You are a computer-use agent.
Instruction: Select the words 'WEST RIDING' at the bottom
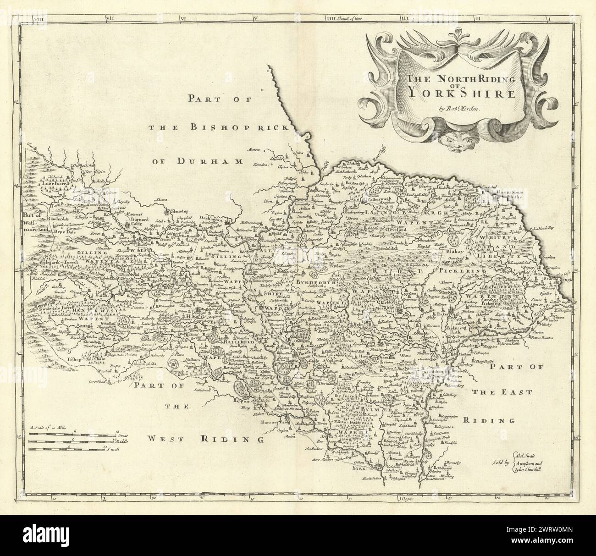(226, 439)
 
